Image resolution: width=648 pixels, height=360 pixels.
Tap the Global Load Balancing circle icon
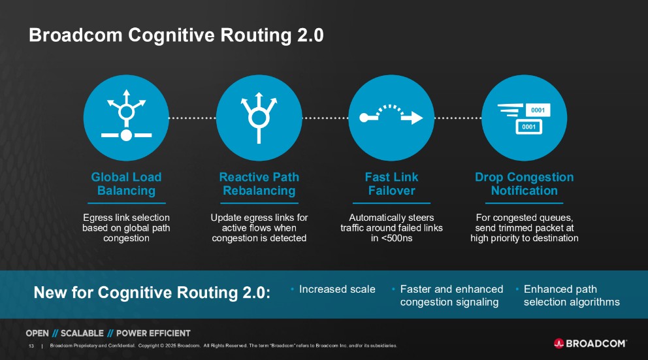click(x=126, y=118)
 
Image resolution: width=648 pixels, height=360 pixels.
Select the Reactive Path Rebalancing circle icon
click(x=259, y=118)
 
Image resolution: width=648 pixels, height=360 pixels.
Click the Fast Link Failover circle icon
click(x=391, y=118)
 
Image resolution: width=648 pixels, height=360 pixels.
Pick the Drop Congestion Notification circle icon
click(x=524, y=118)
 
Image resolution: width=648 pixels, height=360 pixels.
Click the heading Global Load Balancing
click(x=126, y=184)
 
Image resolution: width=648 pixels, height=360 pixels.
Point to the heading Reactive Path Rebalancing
click(x=259, y=184)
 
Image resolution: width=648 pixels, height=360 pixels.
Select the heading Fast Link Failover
click(x=391, y=184)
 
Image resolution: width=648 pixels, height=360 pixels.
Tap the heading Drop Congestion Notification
click(x=524, y=184)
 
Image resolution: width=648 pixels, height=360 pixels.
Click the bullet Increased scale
click(x=337, y=289)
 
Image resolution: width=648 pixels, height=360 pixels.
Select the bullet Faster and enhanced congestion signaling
click(x=451, y=295)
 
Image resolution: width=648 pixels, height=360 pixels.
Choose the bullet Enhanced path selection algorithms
click(x=572, y=295)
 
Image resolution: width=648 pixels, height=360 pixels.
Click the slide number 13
click(x=31, y=346)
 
